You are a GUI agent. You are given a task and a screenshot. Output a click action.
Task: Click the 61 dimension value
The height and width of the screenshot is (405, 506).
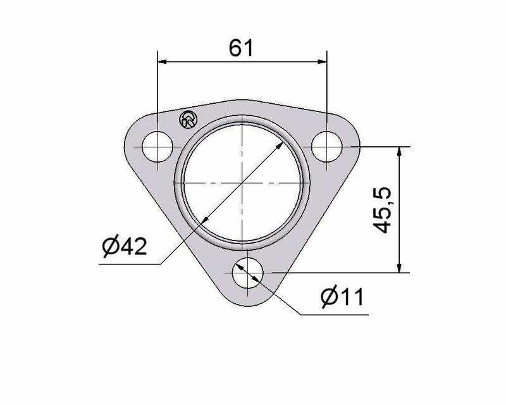click(241, 48)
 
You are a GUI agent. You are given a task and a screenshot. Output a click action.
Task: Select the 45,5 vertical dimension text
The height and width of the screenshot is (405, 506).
click(383, 210)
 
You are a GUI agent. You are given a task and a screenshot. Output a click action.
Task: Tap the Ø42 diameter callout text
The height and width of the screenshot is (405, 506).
click(125, 246)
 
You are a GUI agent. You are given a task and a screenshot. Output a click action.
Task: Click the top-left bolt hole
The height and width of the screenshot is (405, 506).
click(157, 147)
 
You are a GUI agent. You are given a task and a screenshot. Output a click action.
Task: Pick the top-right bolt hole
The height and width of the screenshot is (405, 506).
click(327, 147)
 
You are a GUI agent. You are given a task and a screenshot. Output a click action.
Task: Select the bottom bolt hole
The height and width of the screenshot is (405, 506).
click(247, 273)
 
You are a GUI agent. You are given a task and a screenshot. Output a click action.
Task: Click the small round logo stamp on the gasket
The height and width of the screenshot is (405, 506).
click(188, 120)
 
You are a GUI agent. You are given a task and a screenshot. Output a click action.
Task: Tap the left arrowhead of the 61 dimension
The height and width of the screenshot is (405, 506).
click(162, 61)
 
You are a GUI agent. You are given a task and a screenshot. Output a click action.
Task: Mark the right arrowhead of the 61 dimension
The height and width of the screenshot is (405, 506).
click(323, 61)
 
